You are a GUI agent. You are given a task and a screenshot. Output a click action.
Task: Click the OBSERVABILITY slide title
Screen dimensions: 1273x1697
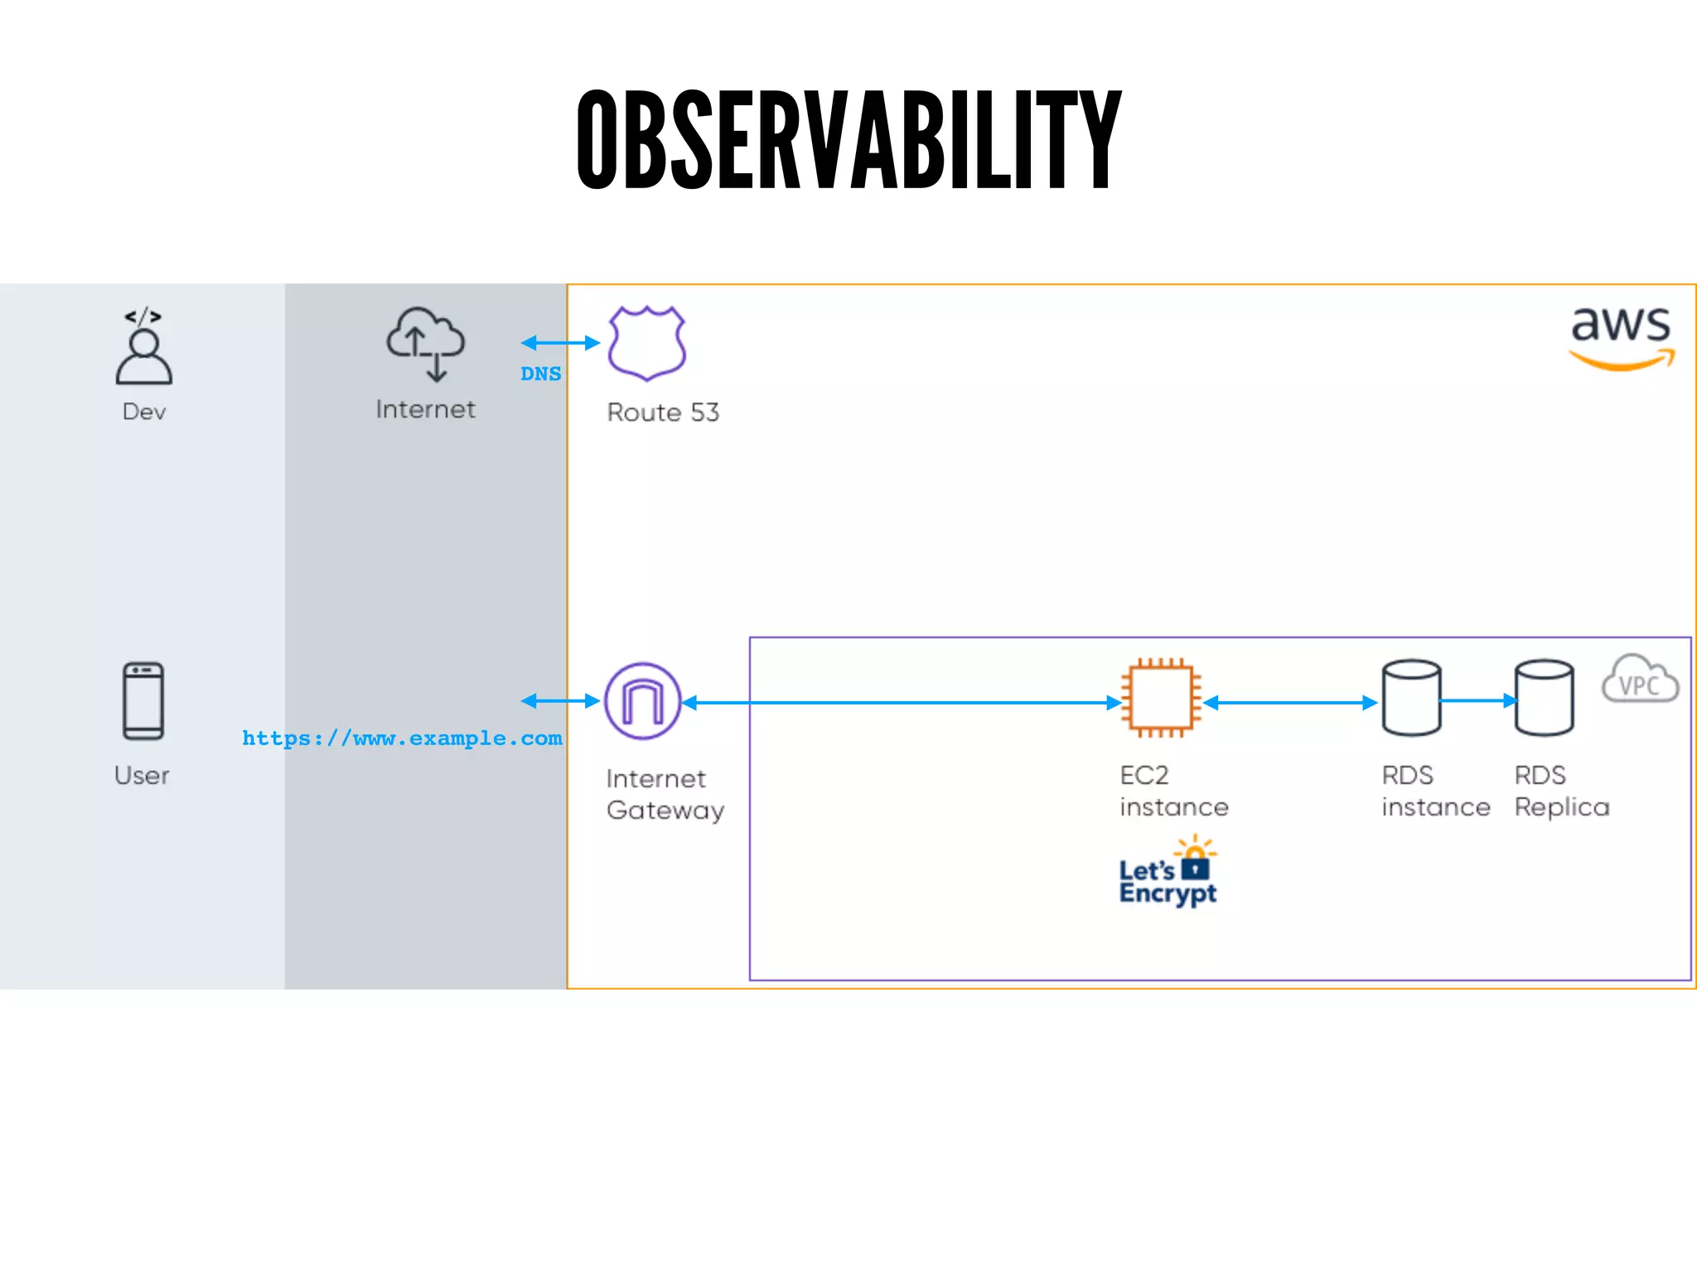pos(848,139)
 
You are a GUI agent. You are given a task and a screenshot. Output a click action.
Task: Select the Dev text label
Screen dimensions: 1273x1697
pos(144,412)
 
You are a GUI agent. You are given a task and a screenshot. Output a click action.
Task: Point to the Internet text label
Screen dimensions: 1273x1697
pos(425,409)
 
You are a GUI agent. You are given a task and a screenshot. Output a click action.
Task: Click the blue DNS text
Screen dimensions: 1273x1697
pos(540,374)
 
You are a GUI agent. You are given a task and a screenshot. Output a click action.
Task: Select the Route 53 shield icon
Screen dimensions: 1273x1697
pos(646,343)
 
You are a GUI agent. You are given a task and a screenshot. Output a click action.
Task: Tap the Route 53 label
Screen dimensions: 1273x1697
pos(663,413)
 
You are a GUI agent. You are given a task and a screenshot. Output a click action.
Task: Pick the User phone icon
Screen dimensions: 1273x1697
pos(143,700)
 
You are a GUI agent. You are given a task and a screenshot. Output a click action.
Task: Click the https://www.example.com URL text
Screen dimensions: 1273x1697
pos(402,738)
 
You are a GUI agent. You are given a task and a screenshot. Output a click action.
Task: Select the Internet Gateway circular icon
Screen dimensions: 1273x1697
pos(643,701)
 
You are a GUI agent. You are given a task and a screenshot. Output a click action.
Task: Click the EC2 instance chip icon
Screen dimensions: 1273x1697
pos(1161,698)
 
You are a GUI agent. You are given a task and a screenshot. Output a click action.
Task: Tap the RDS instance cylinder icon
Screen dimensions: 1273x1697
pos(1411,698)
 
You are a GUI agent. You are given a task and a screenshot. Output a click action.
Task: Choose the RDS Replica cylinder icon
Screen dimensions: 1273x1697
pos(1544,698)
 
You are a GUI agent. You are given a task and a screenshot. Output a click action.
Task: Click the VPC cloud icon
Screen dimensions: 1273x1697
pos(1640,680)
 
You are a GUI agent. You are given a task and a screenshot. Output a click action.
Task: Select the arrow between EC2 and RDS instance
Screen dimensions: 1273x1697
pos(1290,703)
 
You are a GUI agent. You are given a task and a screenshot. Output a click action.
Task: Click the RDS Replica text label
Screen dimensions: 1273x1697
pos(1561,791)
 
